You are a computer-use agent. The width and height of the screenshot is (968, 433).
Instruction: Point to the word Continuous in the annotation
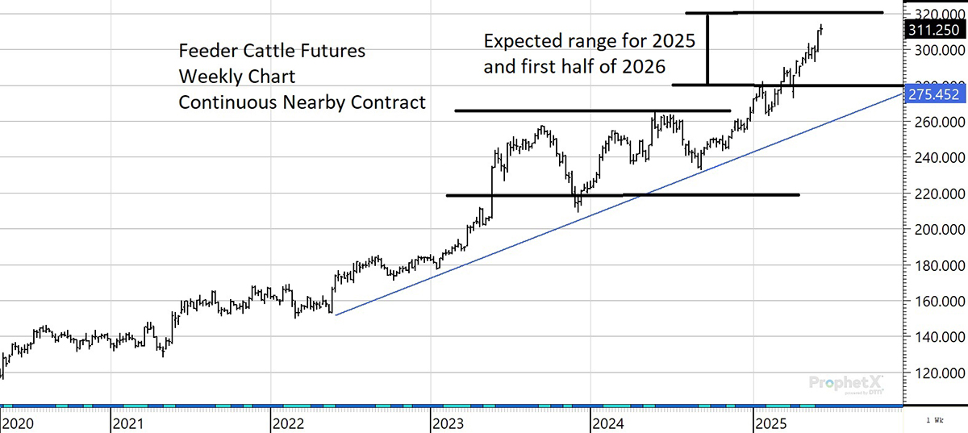[x=225, y=103]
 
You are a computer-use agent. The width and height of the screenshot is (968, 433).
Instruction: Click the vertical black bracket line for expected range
[x=708, y=48]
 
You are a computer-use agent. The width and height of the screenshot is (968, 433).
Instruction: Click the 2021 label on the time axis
[x=128, y=423]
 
